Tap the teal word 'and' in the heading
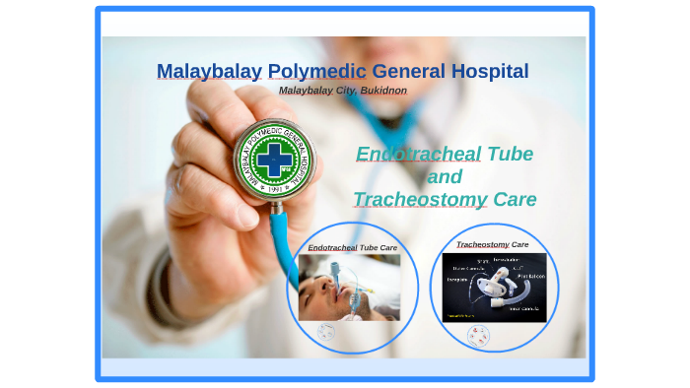coord(445,177)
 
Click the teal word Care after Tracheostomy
coord(515,200)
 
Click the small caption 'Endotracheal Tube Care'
coord(352,248)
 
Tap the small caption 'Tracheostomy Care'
coord(492,244)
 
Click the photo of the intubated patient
coord(349,287)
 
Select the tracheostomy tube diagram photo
coord(494,287)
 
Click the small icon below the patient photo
coord(326,332)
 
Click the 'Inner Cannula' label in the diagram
coord(521,308)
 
